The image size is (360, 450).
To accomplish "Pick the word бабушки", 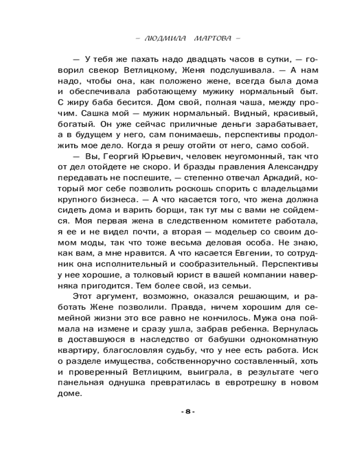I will pos(221,339).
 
